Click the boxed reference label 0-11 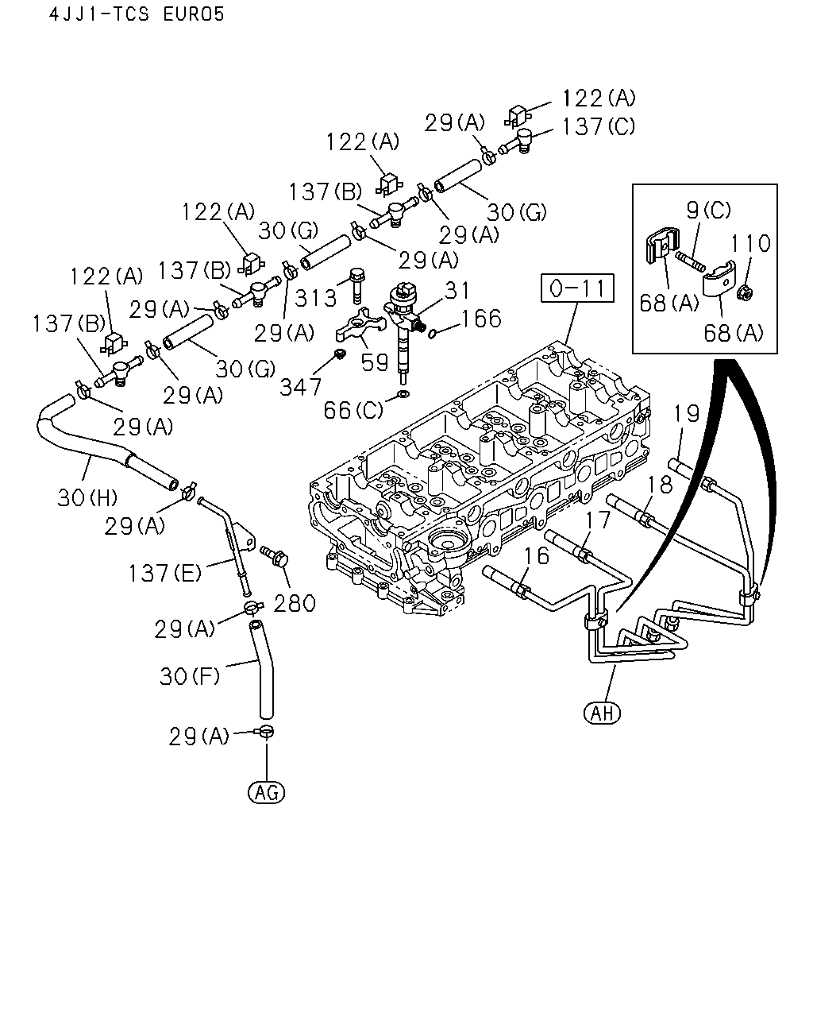(577, 288)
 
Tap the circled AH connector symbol (602, 713)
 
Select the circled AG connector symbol (267, 792)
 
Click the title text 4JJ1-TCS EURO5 (137, 14)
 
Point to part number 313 (315, 298)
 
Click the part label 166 (481, 319)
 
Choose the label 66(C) (353, 410)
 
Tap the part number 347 (300, 388)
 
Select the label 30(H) (87, 497)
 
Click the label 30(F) (190, 676)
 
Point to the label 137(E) (165, 573)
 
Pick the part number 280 (295, 604)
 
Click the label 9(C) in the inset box (708, 210)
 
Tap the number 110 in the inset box (750, 243)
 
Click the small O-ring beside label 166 (432, 334)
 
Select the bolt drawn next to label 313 (356, 286)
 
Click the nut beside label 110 (745, 294)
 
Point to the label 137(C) (599, 126)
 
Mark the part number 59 (374, 362)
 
